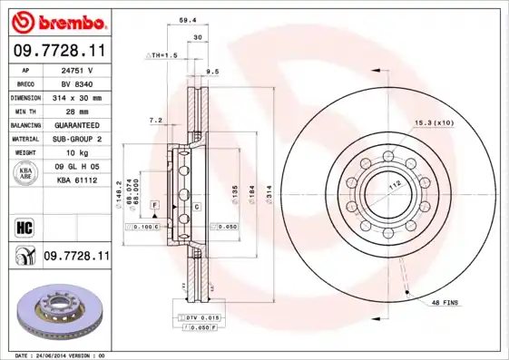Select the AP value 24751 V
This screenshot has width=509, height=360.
[x=77, y=69]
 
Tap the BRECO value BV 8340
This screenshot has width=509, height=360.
[x=77, y=83]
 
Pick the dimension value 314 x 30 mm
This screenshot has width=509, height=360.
[x=77, y=97]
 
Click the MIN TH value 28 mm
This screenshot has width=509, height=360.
[x=77, y=111]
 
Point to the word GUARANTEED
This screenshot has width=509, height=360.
[x=77, y=124]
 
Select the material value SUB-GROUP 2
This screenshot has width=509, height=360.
[x=77, y=138]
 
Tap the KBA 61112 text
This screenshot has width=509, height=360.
[x=77, y=180]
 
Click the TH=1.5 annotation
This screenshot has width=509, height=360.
[x=162, y=56]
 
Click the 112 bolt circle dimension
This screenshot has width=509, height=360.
[x=394, y=181]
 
